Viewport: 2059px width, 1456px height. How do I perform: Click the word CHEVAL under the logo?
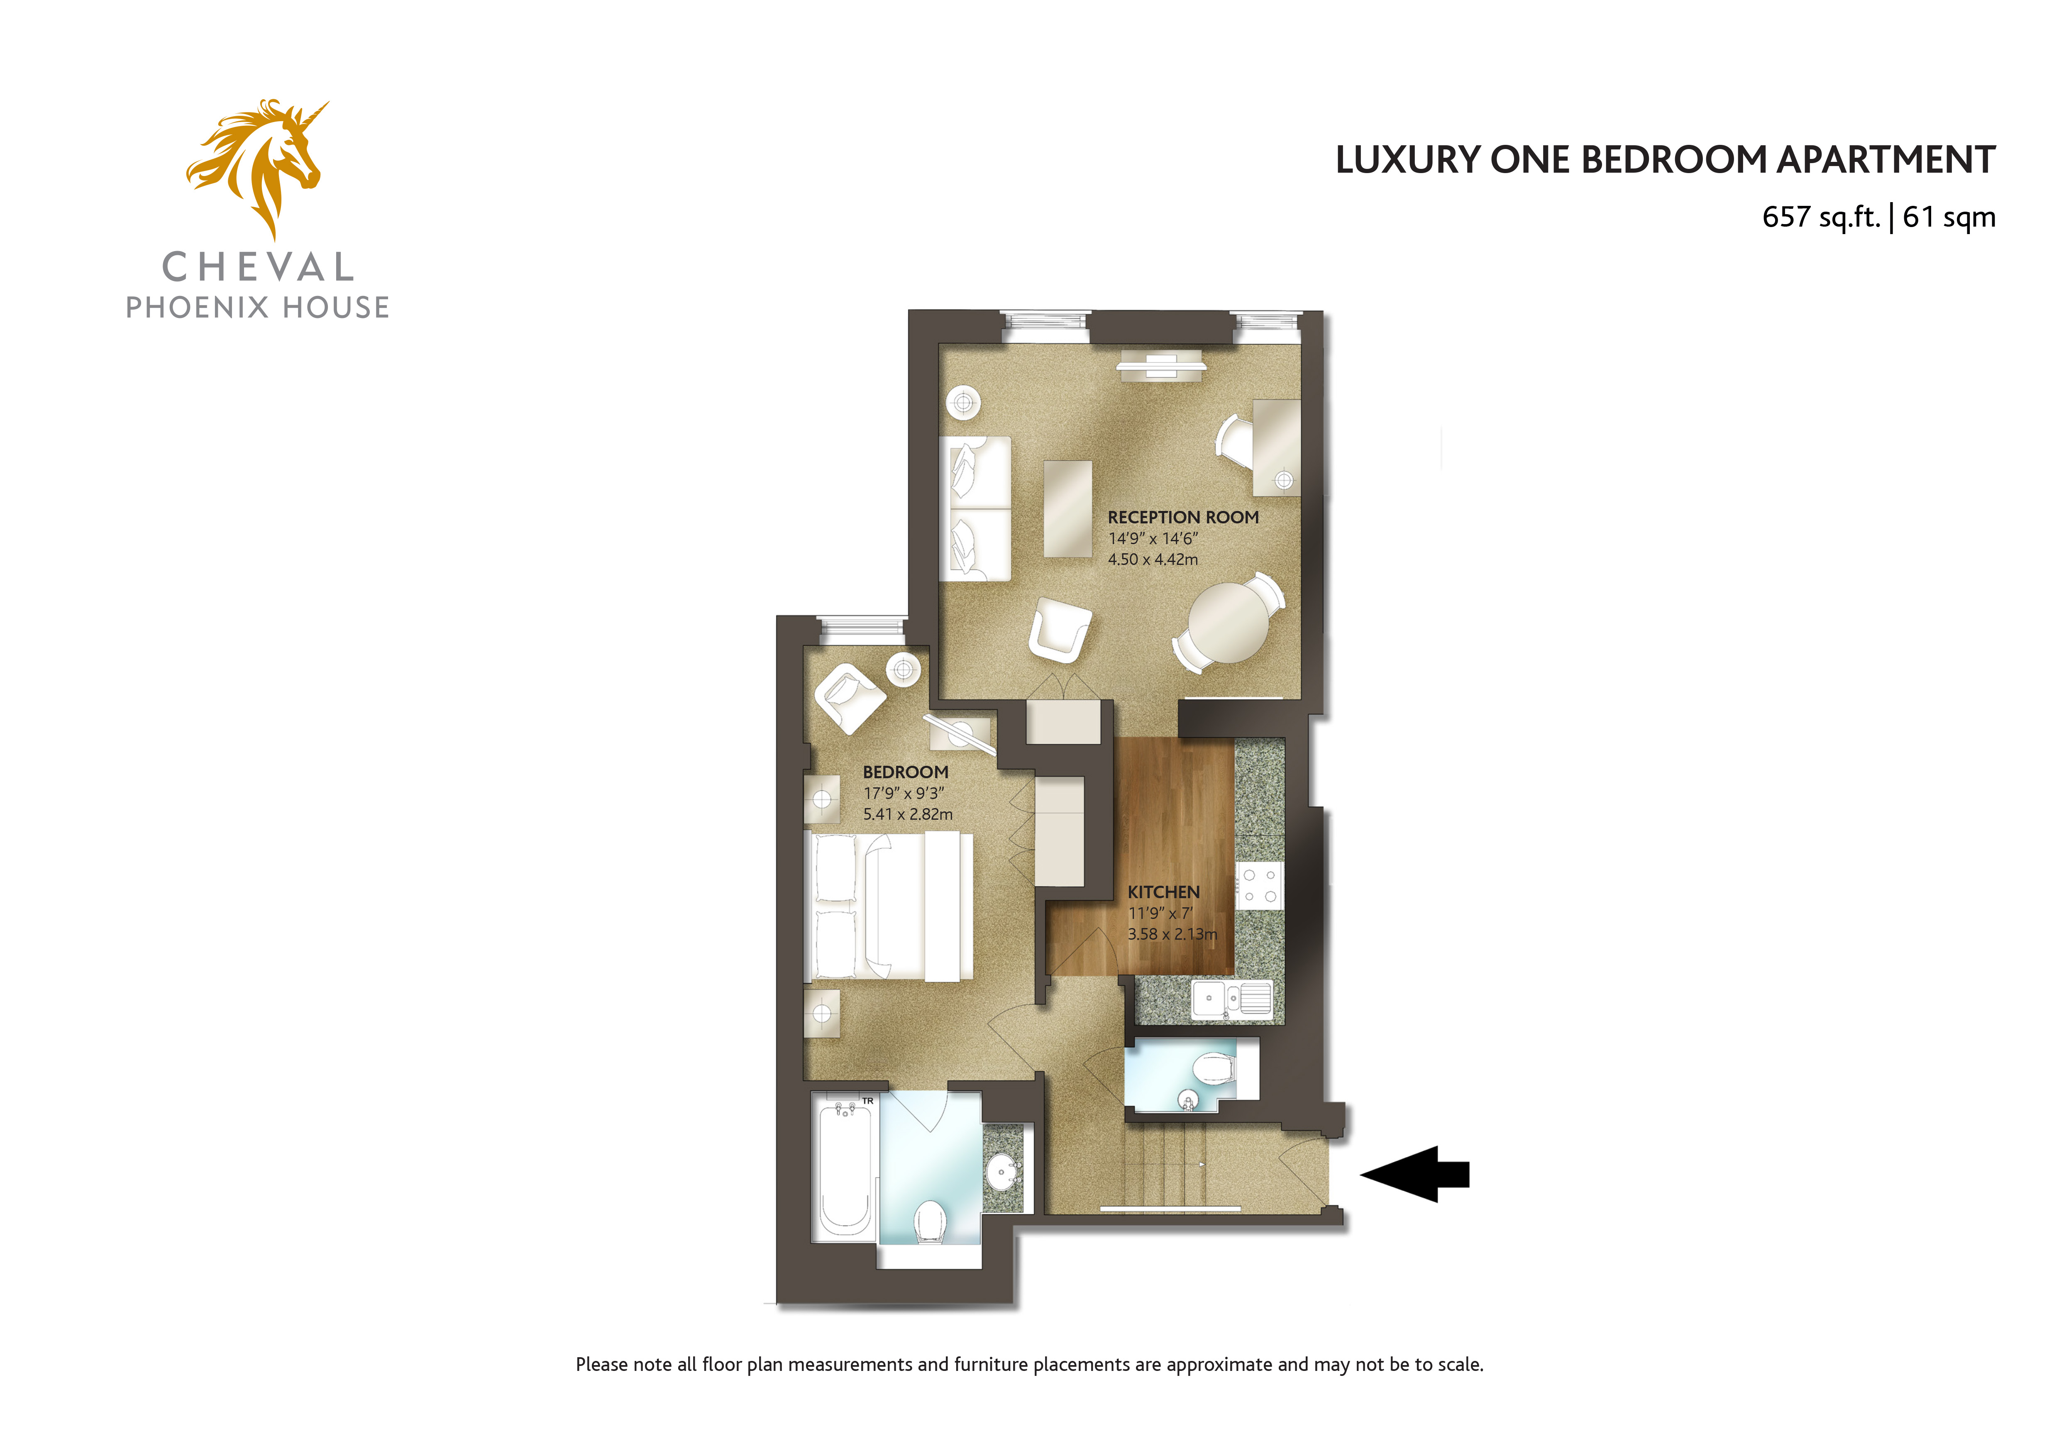click(258, 267)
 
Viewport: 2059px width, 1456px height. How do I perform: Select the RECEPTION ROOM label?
click(1183, 517)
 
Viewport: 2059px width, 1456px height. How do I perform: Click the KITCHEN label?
click(1163, 892)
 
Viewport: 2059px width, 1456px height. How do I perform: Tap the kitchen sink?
click(1231, 999)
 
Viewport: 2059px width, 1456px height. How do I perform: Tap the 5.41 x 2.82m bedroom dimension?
click(908, 814)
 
